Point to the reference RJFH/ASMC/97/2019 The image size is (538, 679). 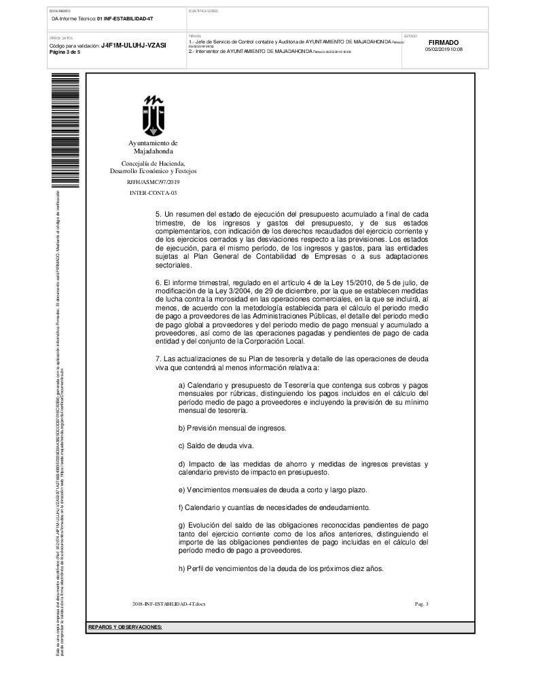coord(153,182)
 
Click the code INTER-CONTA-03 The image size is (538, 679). coord(153,193)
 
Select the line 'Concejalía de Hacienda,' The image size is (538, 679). coord(153,164)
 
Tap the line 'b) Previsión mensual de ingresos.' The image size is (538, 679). coord(232,428)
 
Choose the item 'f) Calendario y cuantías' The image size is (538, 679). coord(274,507)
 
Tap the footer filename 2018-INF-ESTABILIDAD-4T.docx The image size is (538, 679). coord(168,604)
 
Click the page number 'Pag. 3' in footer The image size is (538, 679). coord(421,604)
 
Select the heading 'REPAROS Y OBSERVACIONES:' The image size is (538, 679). coord(125,627)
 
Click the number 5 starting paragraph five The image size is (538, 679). coord(158,214)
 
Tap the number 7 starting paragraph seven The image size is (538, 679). coord(158,358)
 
